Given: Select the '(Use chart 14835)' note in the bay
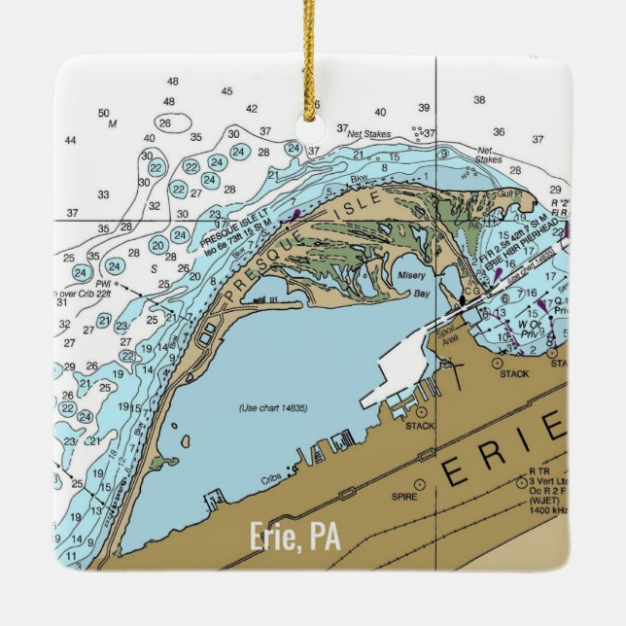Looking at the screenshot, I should [x=273, y=407].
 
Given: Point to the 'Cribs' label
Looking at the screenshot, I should [x=271, y=478].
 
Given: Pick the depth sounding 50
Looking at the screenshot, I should [x=104, y=113].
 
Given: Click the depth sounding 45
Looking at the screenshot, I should [x=226, y=91].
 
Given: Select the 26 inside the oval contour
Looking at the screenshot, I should [x=165, y=123].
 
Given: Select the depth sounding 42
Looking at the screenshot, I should [x=251, y=109].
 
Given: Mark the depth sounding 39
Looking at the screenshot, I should [x=423, y=107].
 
